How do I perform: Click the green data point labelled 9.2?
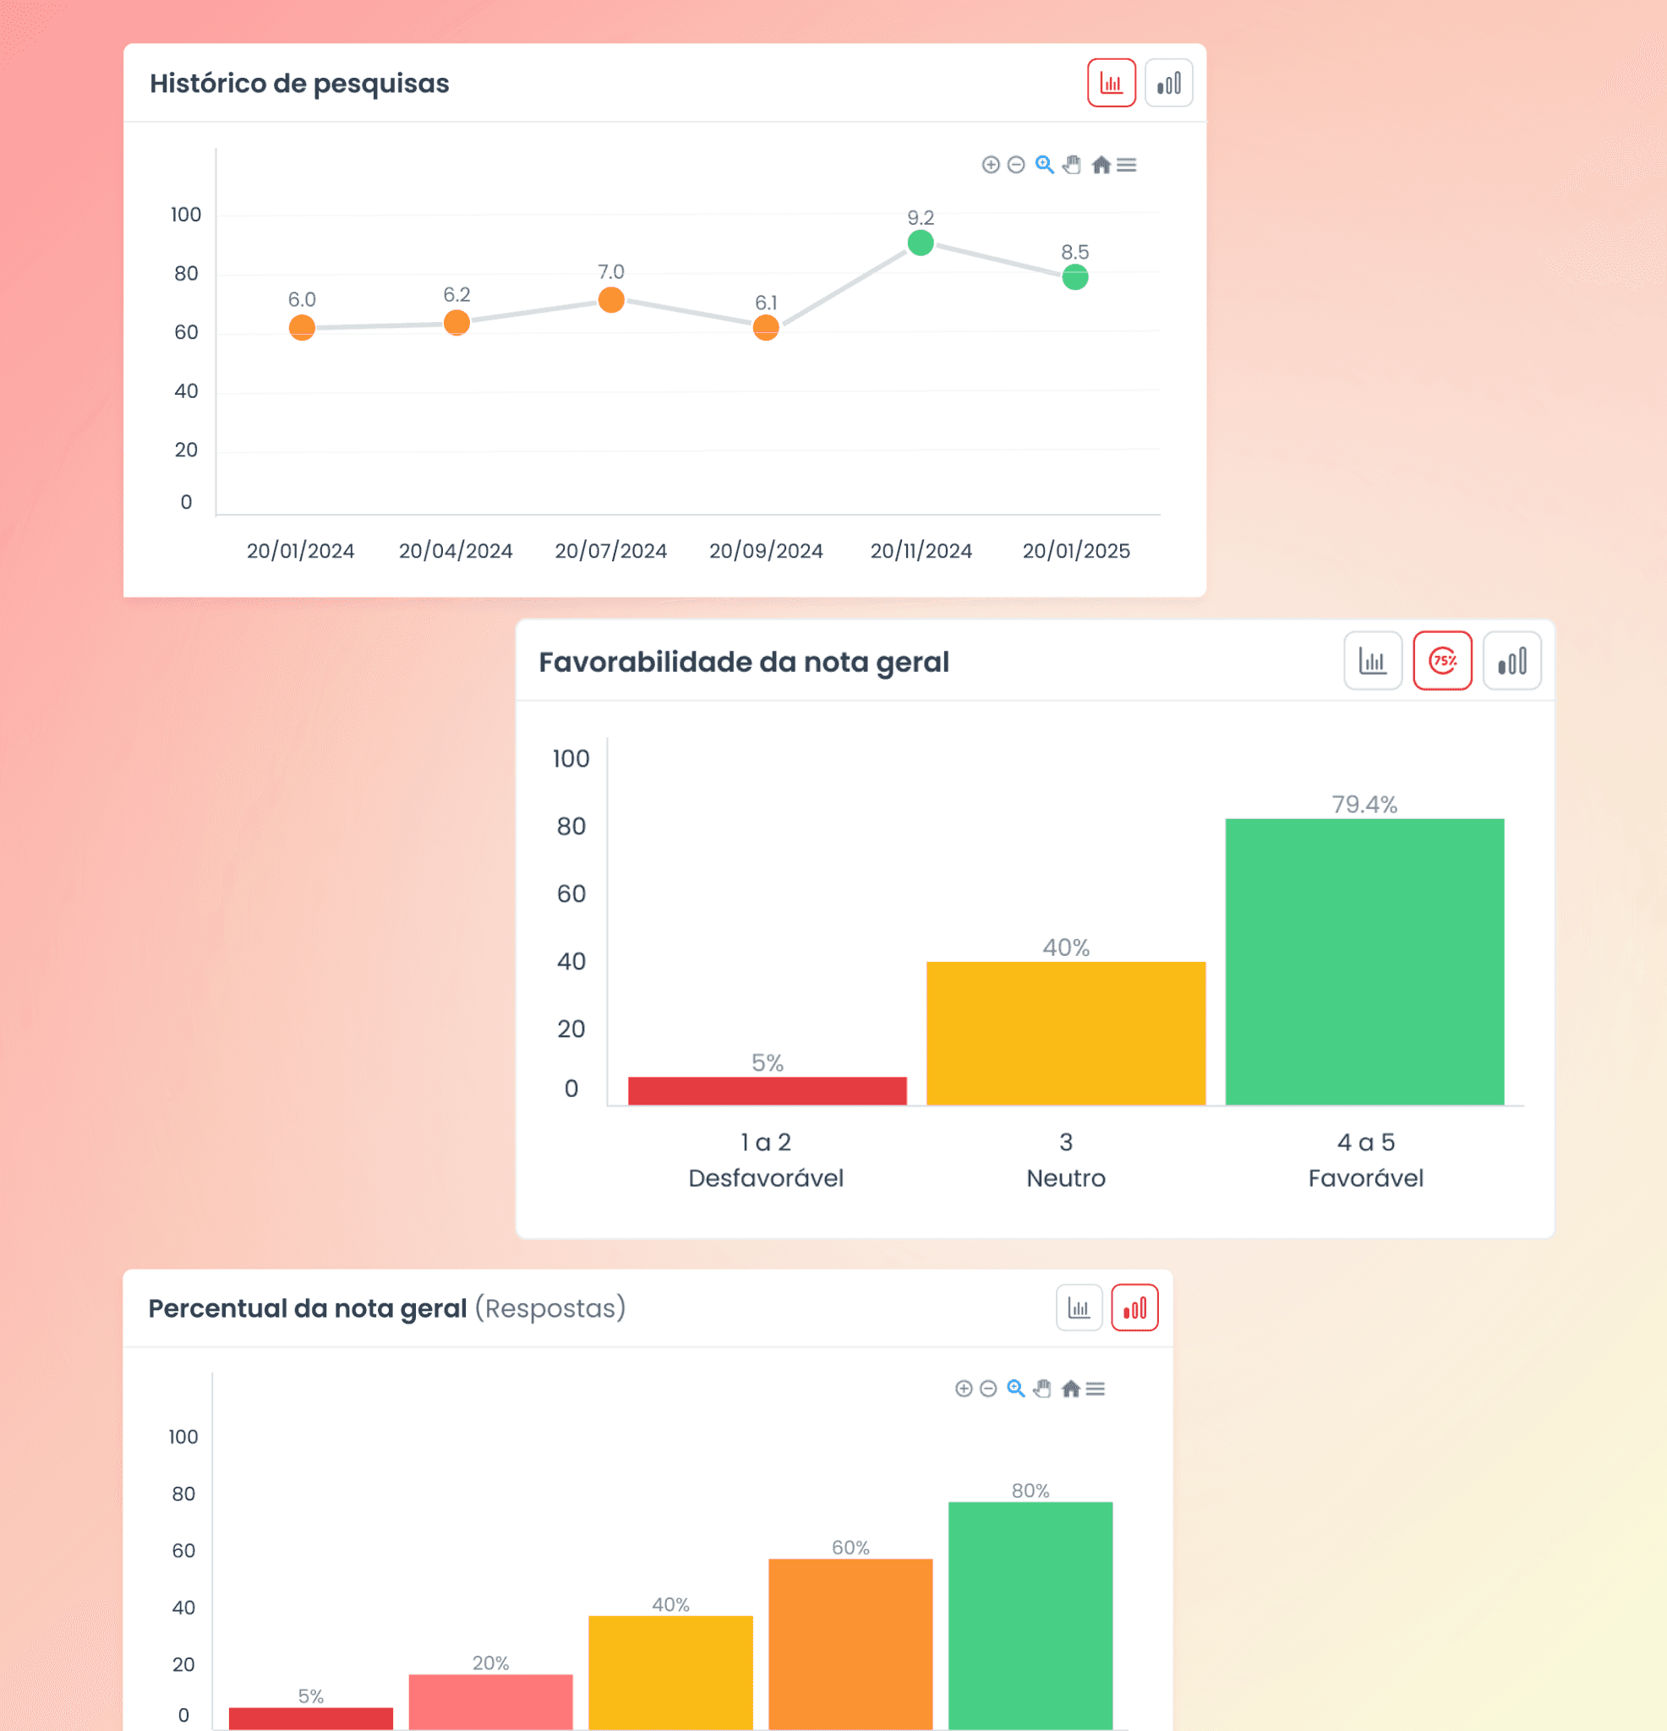921,243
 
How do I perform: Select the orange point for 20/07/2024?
611,300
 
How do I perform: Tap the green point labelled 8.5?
1075,277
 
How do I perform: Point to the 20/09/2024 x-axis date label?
766,551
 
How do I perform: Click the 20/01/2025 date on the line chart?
1076,551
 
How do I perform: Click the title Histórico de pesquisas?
299,83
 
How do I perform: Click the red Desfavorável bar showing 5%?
767,1090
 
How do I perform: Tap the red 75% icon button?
1442,661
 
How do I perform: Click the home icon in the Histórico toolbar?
1101,165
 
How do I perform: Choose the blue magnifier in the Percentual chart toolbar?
1016,1389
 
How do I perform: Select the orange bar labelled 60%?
850,1643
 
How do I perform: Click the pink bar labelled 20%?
490,1701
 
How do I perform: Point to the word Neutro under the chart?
1065,1178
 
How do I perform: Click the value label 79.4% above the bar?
1364,805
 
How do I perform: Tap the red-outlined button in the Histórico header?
1111,83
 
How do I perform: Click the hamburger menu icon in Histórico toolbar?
1126,165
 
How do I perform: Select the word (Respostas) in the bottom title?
549,1308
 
